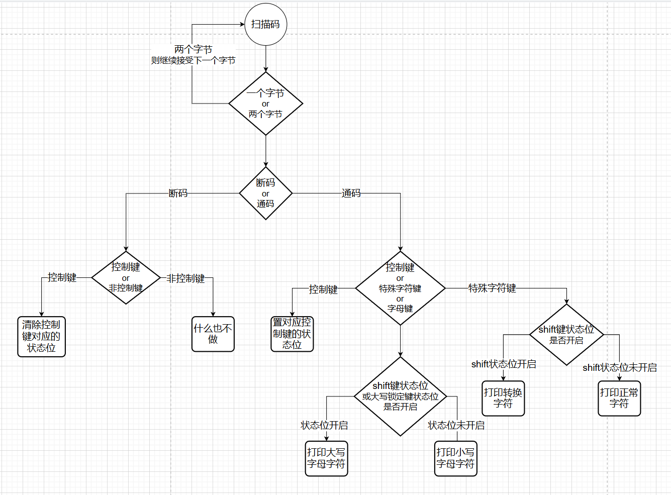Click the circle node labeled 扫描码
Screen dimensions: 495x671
265,24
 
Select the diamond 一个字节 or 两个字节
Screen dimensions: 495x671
265,104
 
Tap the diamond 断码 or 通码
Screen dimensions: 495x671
265,193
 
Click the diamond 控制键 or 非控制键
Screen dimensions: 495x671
126,277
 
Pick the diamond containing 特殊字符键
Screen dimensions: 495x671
400,288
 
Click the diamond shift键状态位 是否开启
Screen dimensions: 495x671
566,335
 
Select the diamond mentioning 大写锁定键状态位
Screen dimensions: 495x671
400,397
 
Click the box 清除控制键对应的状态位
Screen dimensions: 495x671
41,337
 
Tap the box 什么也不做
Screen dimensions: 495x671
213,334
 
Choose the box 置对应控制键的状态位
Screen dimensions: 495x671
292,334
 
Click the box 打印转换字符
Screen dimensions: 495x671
503,398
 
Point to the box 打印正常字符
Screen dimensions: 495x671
619,398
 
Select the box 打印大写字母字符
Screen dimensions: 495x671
326,458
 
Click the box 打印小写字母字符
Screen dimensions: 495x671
455,458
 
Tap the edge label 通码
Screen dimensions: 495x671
351,193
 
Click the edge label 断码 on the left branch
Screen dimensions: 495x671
178,193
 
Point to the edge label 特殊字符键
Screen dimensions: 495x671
492,288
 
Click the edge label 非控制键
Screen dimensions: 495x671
185,278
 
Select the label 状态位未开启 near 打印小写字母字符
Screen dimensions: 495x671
456,425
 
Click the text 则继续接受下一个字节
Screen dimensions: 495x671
193,60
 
